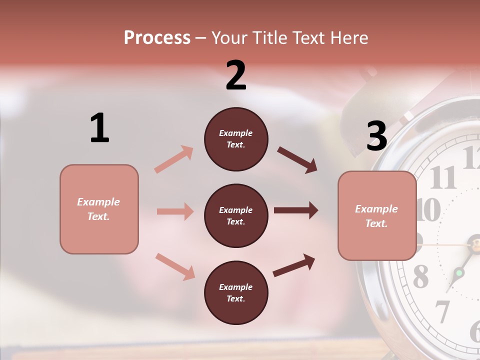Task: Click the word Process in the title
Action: (157, 37)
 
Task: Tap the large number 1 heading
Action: (99, 128)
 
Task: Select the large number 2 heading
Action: (236, 75)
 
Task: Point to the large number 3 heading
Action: (376, 136)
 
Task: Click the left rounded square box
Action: (99, 209)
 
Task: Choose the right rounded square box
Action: (377, 216)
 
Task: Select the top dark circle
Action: (236, 139)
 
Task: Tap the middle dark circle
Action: (236, 216)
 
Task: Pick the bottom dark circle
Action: (236, 293)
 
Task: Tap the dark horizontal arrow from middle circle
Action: (296, 210)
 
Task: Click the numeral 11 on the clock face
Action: (443, 177)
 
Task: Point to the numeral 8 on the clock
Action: (420, 276)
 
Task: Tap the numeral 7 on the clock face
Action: (442, 311)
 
